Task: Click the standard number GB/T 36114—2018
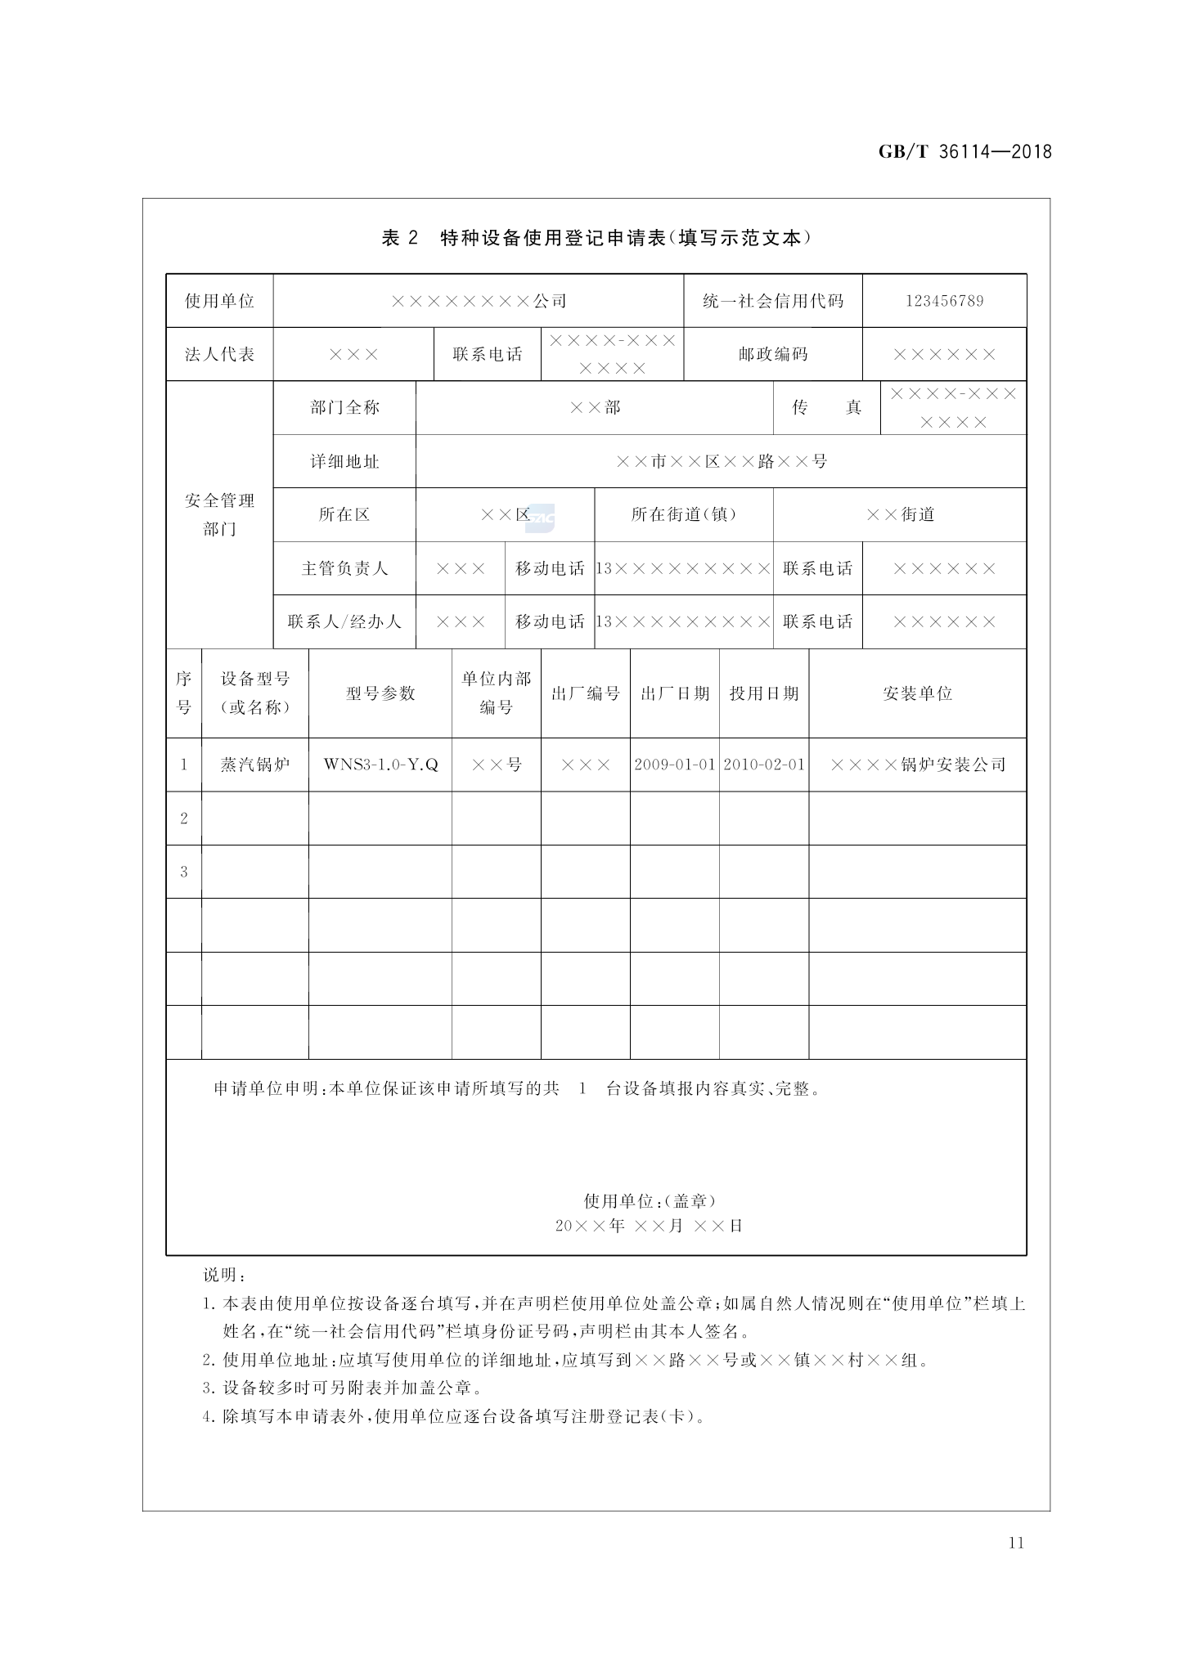[x=964, y=151]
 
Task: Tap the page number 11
[x=1016, y=1542]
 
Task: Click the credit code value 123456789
[x=944, y=301]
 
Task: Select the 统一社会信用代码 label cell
[x=772, y=301]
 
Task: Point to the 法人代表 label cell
[x=219, y=354]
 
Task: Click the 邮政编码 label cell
[x=772, y=354]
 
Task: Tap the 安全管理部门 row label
[x=219, y=514]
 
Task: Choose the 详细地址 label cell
[x=344, y=461]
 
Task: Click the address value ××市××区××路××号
[x=721, y=461]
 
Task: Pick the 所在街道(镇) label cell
[x=684, y=514]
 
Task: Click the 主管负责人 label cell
[x=344, y=568]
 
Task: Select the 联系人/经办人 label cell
[x=344, y=621]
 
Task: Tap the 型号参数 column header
[x=380, y=693]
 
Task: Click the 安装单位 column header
[x=917, y=693]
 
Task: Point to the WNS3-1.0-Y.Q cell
[x=380, y=765]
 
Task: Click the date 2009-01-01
[x=675, y=765]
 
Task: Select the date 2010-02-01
[x=764, y=765]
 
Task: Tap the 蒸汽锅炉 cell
[x=255, y=765]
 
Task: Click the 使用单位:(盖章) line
[x=650, y=1200]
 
